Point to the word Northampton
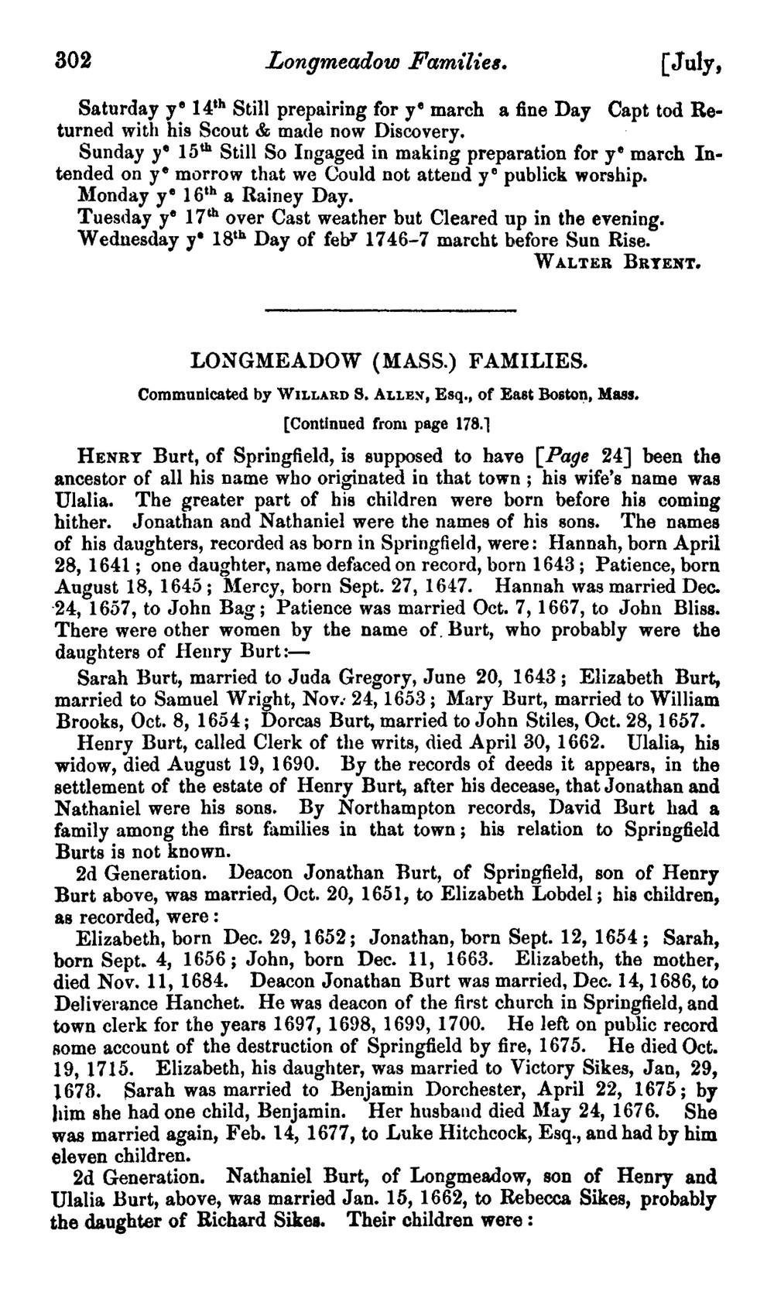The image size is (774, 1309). [x=414, y=807]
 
